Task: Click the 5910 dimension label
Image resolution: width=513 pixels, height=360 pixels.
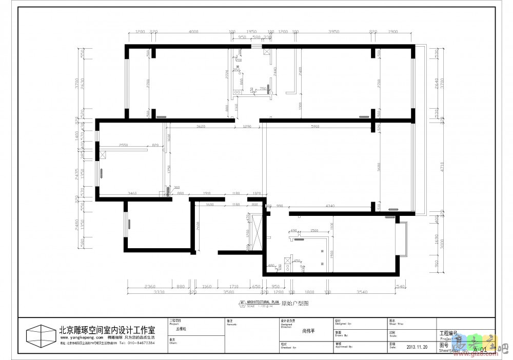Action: pyautogui.click(x=316, y=126)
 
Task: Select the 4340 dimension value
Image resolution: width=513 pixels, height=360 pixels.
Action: pyautogui.click(x=330, y=206)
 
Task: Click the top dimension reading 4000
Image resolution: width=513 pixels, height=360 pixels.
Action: pyautogui.click(x=193, y=32)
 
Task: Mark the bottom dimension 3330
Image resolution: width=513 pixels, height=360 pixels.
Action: pyautogui.click(x=159, y=292)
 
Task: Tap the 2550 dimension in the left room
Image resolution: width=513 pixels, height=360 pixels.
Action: pyautogui.click(x=123, y=145)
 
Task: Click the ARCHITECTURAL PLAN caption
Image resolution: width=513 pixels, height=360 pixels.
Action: pyautogui.click(x=262, y=303)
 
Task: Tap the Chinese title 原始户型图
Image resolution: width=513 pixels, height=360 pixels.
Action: pyautogui.click(x=295, y=304)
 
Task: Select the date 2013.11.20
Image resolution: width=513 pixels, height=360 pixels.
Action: pyautogui.click(x=417, y=346)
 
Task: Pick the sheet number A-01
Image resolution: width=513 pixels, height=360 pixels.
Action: pyautogui.click(x=480, y=350)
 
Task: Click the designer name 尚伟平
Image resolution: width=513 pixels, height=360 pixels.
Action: pyautogui.click(x=309, y=331)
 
